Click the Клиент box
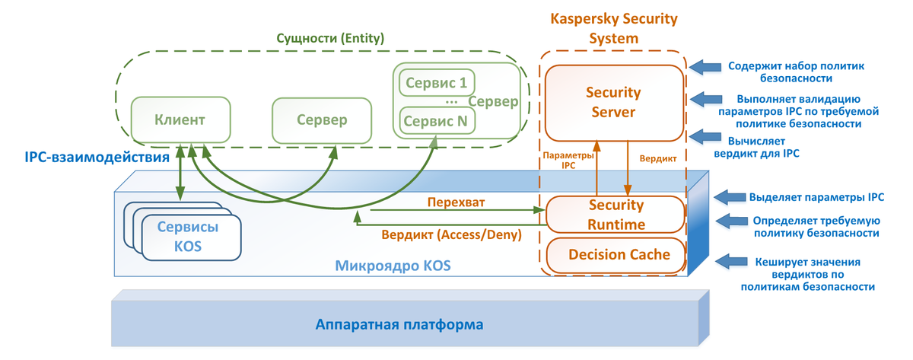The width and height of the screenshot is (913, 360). [180, 120]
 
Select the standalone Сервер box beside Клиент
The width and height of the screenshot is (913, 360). [322, 120]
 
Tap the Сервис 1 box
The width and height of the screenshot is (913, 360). [436, 81]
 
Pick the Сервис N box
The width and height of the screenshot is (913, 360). [437, 120]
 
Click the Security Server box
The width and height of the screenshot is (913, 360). [613, 103]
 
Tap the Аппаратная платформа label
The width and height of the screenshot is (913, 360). [399, 325]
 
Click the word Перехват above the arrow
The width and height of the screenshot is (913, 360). [456, 202]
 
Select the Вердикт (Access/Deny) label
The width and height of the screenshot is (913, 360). [452, 235]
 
